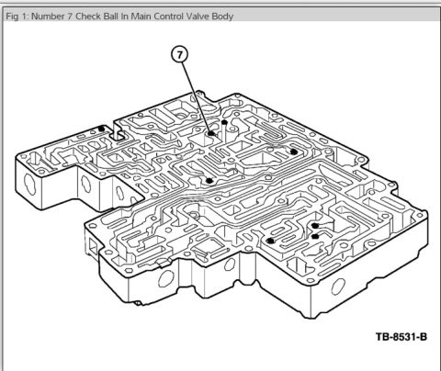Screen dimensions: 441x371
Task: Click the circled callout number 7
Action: tap(180, 55)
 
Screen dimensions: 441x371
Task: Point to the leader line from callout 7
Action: tap(196, 96)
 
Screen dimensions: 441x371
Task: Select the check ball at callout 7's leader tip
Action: tap(211, 134)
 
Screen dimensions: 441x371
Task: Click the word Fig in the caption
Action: tap(12, 17)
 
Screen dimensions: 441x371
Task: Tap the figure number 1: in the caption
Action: tap(25, 16)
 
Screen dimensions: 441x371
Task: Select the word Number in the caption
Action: tap(48, 16)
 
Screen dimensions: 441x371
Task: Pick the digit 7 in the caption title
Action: tap(70, 16)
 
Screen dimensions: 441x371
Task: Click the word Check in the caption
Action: tap(88, 16)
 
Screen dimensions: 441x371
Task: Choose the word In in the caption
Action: tap(125, 16)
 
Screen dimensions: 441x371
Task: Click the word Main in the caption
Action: tap(141, 16)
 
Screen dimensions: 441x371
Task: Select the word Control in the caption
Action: tap(168, 16)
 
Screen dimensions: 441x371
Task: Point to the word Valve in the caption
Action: tap(198, 16)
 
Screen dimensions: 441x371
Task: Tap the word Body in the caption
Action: tap(222, 17)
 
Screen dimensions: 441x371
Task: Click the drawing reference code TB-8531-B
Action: tap(401, 337)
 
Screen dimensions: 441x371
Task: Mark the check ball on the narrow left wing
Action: tap(101, 129)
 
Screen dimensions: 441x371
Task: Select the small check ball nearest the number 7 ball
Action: tap(224, 122)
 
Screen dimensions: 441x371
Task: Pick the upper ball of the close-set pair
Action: tap(315, 226)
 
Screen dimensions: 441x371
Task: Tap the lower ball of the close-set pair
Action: tap(314, 236)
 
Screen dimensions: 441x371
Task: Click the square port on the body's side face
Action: tap(93, 246)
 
